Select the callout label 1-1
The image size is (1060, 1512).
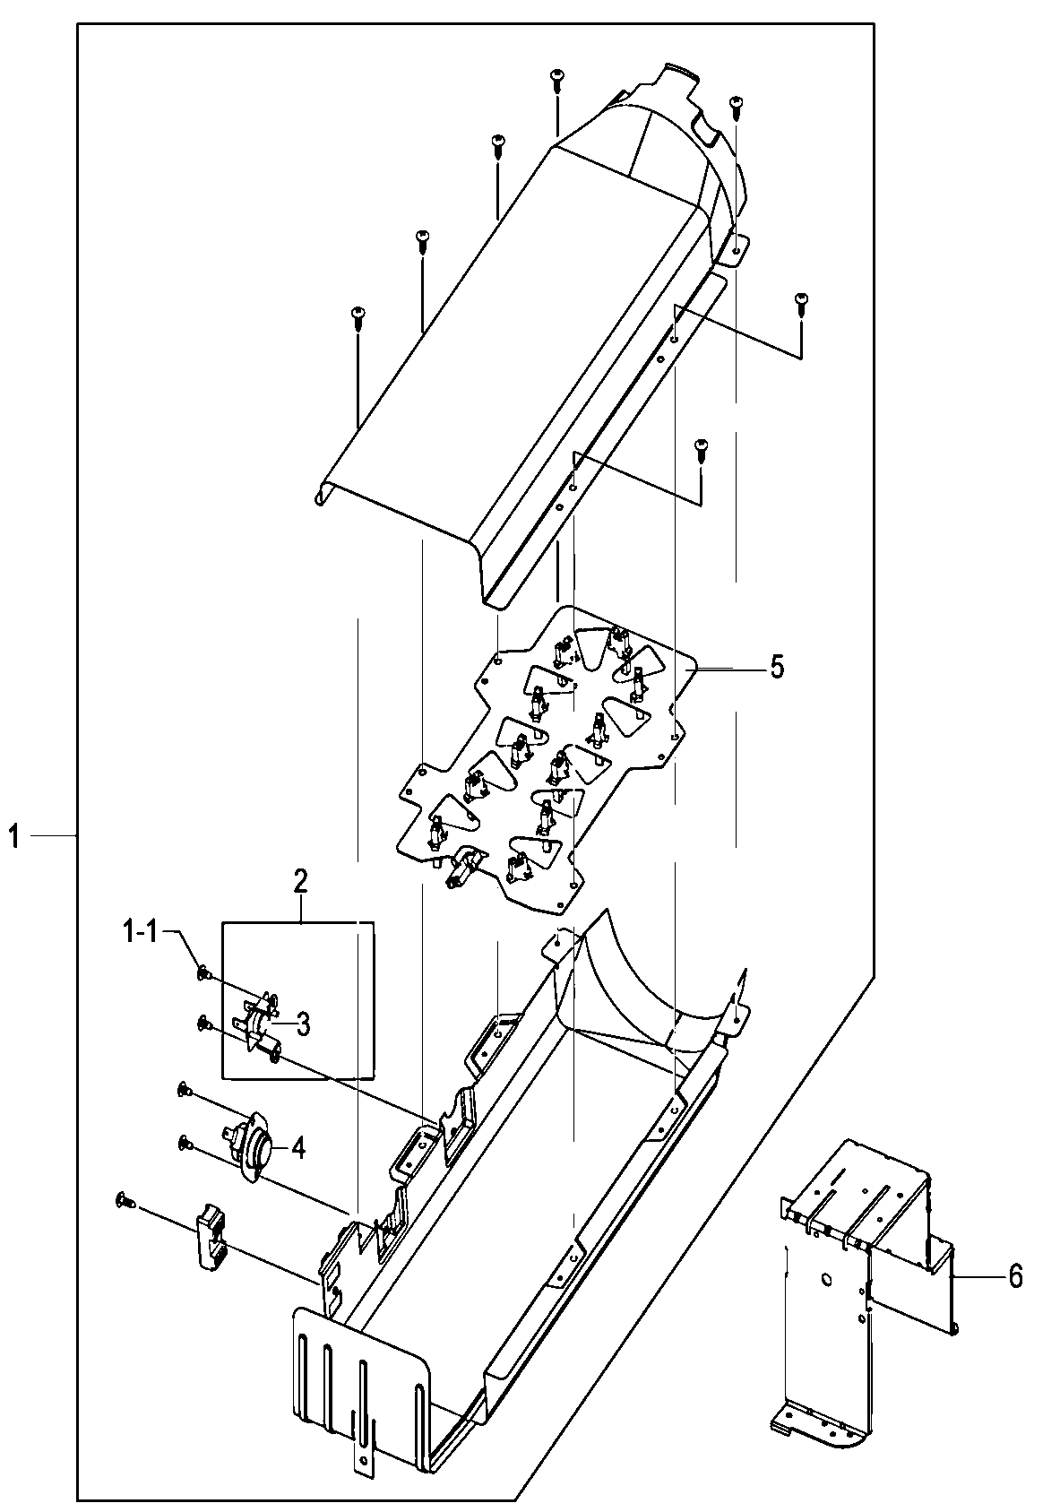point(140,932)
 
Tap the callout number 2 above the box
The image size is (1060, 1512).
point(300,881)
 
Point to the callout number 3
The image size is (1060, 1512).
point(303,1024)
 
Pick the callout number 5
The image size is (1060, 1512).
point(776,667)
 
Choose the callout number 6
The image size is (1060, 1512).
point(1014,1275)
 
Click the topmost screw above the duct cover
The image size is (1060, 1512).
point(556,79)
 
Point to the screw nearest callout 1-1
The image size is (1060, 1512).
point(203,972)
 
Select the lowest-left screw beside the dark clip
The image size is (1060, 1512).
point(124,1200)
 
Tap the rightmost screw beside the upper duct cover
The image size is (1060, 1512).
point(801,302)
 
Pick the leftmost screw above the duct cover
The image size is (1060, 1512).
point(358,315)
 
